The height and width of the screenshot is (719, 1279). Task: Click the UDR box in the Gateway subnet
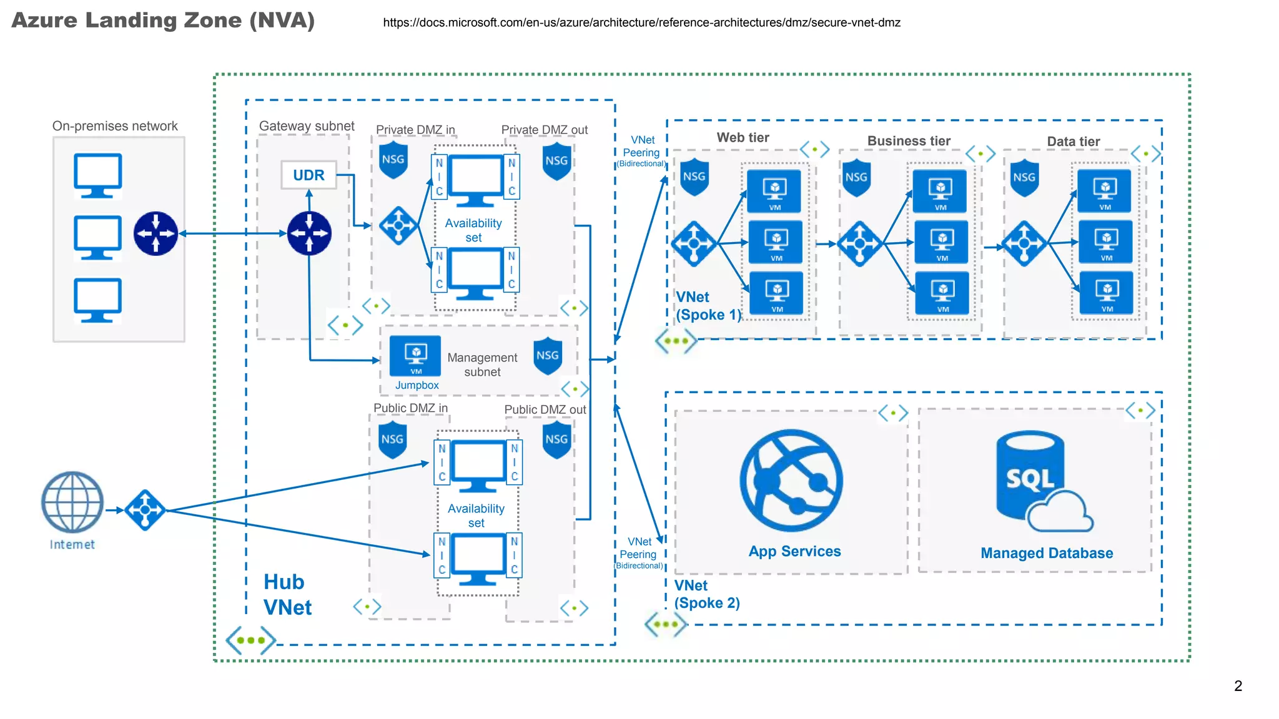tap(309, 175)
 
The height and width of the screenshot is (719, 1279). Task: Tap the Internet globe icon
tap(72, 502)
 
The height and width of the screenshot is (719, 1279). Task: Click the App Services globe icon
tap(791, 480)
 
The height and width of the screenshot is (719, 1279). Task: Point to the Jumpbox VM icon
tap(415, 356)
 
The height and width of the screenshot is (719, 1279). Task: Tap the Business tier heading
tap(909, 141)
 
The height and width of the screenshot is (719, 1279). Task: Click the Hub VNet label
tap(287, 594)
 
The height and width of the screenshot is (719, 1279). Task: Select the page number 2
tap(1238, 686)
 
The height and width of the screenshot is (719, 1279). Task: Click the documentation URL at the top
tap(641, 22)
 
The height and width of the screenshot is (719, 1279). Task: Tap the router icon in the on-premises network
tap(156, 233)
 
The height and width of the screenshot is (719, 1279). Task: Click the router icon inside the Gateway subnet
tap(309, 233)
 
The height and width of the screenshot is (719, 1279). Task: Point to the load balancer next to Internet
tap(145, 510)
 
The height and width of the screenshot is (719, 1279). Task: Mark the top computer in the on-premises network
tap(97, 175)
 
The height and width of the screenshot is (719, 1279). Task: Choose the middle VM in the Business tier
tap(941, 242)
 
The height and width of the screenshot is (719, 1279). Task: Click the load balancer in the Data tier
tap(1024, 243)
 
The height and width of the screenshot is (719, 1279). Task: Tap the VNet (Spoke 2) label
tap(706, 594)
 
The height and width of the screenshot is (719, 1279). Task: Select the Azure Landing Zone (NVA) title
tap(163, 21)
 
